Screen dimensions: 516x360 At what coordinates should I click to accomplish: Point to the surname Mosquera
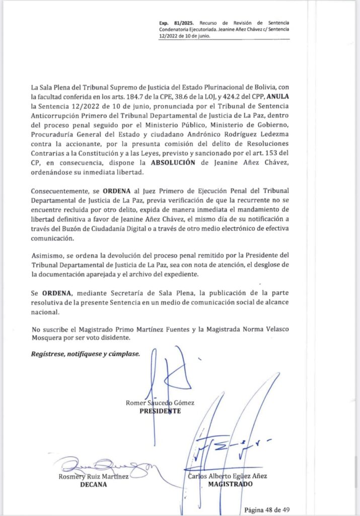[48, 338]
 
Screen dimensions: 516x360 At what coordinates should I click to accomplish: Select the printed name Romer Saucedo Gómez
[161, 402]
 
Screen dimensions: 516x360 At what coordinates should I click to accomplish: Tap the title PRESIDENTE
[160, 411]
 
